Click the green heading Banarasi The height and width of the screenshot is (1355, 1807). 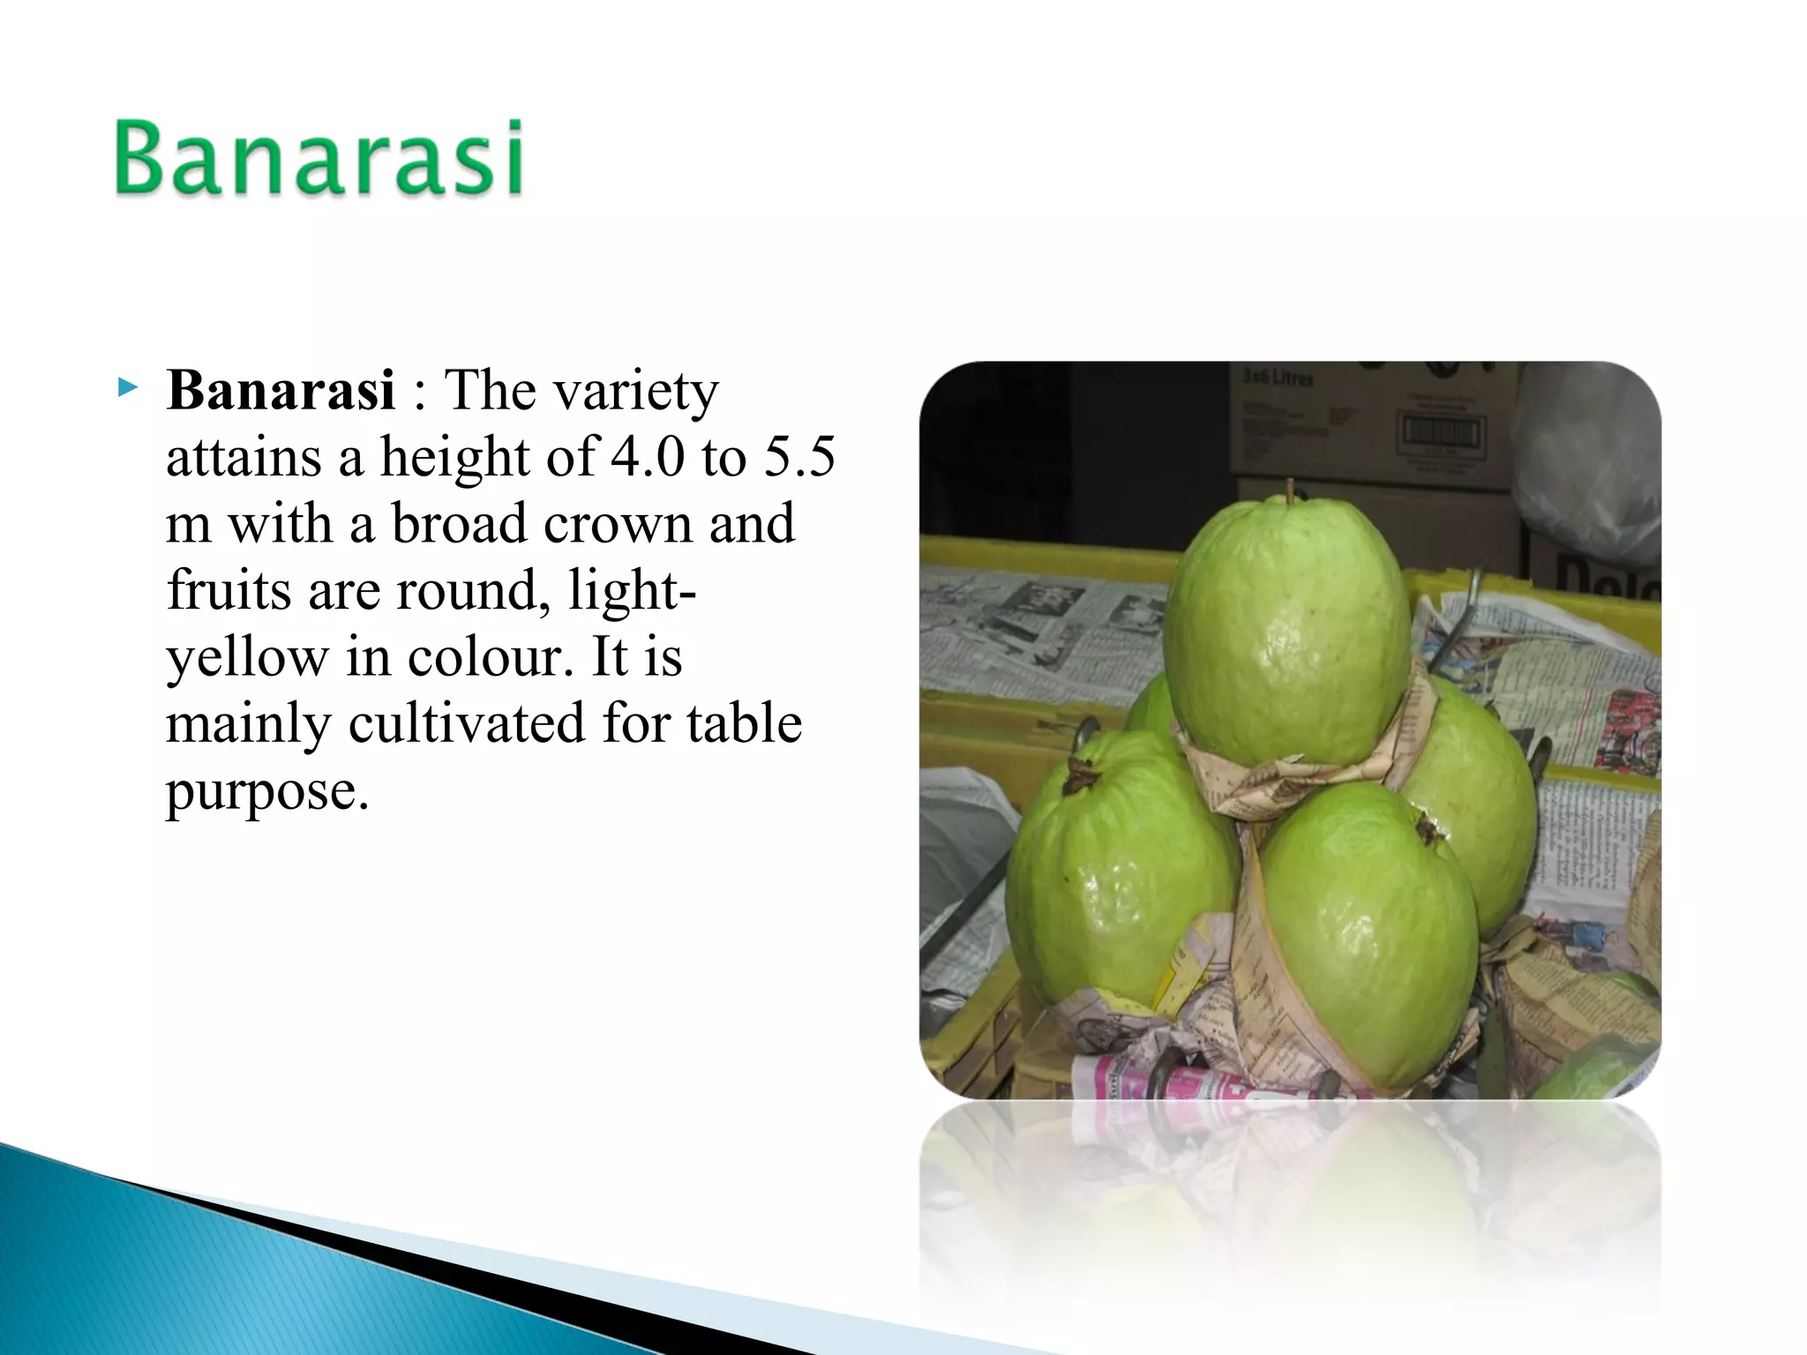pyautogui.click(x=319, y=159)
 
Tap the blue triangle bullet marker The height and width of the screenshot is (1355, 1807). pyautogui.click(x=128, y=387)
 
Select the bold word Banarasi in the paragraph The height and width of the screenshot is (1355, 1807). pyautogui.click(x=281, y=391)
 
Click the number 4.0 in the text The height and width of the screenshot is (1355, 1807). pyautogui.click(x=648, y=458)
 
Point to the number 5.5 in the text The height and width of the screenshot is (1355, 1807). pyautogui.click(x=799, y=458)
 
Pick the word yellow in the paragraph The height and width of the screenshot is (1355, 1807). pyautogui.click(x=247, y=658)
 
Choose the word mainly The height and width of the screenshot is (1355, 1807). pyautogui.click(x=248, y=724)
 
